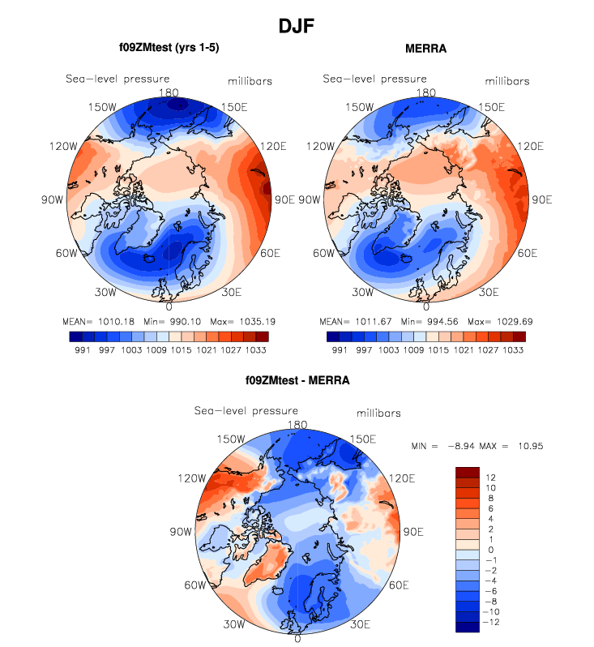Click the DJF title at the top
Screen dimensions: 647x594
coord(296,26)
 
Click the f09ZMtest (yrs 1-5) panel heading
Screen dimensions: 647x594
coord(169,49)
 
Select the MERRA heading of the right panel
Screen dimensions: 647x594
coord(425,49)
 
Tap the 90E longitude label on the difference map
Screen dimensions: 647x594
coord(413,533)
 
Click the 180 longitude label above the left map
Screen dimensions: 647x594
coord(169,92)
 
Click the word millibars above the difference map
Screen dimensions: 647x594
coord(378,413)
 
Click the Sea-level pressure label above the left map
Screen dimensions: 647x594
coord(118,79)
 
